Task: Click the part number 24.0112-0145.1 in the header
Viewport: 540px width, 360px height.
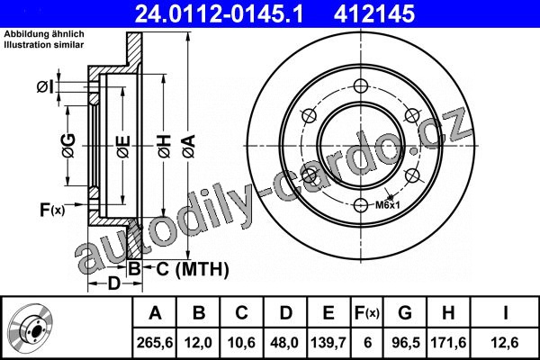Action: tap(220, 14)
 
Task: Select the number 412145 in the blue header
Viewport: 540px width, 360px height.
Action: tap(374, 14)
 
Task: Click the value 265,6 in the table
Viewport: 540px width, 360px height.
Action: tap(155, 343)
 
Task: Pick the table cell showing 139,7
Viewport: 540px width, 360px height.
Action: tap(328, 343)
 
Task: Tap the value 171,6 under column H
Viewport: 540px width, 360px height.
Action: tap(448, 343)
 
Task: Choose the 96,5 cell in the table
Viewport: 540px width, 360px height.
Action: tap(406, 343)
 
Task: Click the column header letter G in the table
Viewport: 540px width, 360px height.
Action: tap(405, 313)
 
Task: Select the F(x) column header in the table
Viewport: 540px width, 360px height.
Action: tap(367, 313)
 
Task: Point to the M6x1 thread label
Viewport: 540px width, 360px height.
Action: tap(387, 205)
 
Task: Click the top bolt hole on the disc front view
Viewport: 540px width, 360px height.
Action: tap(361, 86)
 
